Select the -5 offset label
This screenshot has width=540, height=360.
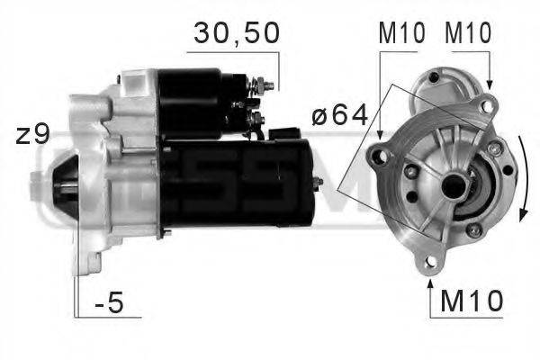(109, 303)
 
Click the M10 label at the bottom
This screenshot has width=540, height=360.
(472, 300)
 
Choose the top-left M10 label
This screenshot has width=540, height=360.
(399, 33)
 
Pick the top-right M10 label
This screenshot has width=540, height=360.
(468, 33)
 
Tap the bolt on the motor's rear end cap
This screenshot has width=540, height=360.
(318, 183)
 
